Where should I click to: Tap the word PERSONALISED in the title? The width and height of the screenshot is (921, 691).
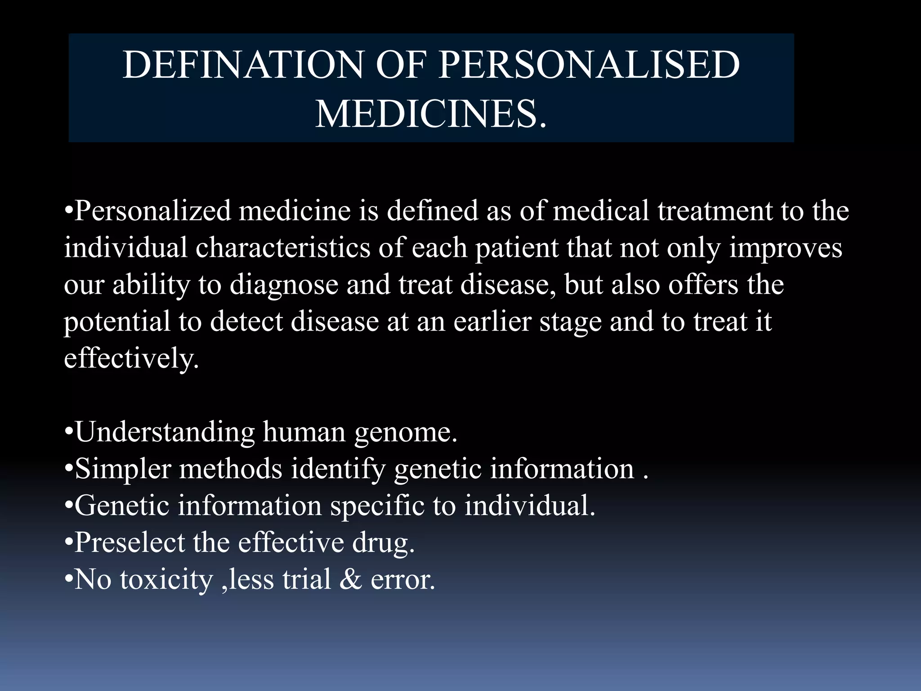click(589, 65)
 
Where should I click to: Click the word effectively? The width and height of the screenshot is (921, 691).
click(131, 359)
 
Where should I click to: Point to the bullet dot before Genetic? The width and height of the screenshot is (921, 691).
click(68, 506)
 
